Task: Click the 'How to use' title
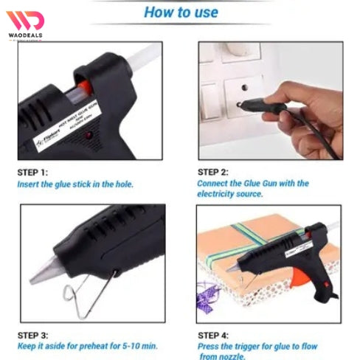click(x=181, y=13)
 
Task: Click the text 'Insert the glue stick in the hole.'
click(x=75, y=184)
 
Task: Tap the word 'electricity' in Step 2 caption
click(x=220, y=194)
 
